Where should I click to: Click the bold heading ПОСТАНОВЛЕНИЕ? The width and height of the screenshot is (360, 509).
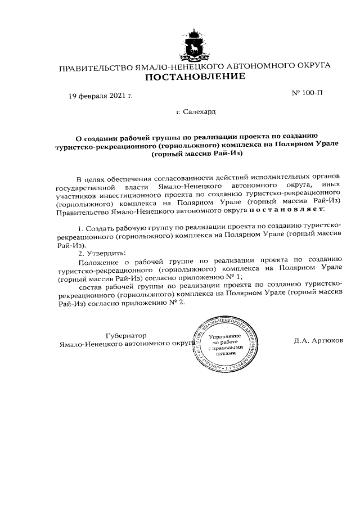point(195,77)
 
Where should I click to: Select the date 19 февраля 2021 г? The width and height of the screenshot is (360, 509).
point(100,95)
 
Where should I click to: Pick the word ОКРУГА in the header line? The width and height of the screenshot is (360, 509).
point(310,66)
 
